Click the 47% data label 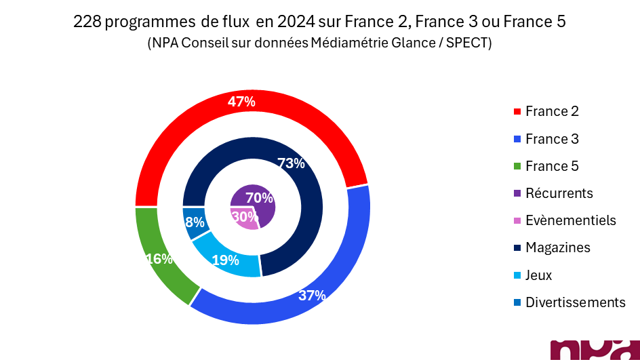coord(241,102)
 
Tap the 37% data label coord(312,296)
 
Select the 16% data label coord(159,259)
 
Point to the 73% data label coord(292,163)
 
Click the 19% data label coord(225,260)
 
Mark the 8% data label coord(195,222)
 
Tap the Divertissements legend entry coord(575,302)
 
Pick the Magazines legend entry coord(557,247)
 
